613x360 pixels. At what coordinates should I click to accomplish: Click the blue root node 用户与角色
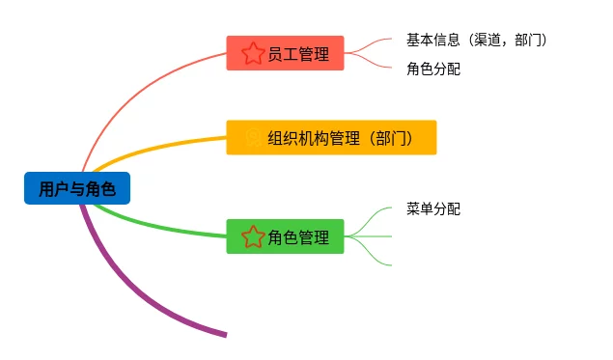(x=77, y=188)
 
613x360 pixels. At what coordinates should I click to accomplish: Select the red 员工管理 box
(x=285, y=53)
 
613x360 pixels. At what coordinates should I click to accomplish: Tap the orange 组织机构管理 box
(x=331, y=138)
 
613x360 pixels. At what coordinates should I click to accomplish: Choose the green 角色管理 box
(x=285, y=236)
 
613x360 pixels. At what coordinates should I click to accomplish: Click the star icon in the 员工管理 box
(x=253, y=53)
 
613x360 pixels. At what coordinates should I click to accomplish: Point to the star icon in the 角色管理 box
(x=253, y=236)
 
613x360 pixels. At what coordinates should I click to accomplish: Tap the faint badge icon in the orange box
(x=253, y=138)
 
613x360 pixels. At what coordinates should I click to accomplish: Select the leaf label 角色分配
(x=433, y=69)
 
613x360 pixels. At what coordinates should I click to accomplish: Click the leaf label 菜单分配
(x=433, y=208)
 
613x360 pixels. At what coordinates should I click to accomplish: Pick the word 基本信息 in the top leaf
(x=432, y=40)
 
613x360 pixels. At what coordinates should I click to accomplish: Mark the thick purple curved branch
(x=129, y=290)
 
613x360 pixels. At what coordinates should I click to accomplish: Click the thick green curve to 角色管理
(x=156, y=227)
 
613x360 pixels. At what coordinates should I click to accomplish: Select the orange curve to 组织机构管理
(x=156, y=147)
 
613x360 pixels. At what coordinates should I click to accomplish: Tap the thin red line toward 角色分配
(x=368, y=62)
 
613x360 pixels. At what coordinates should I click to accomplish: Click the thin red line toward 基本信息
(x=368, y=44)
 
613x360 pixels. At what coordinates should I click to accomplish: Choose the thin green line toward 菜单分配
(x=368, y=220)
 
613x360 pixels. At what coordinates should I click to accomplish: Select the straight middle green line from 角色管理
(x=368, y=236)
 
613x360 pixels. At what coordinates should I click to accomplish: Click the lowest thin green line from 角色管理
(x=368, y=253)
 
